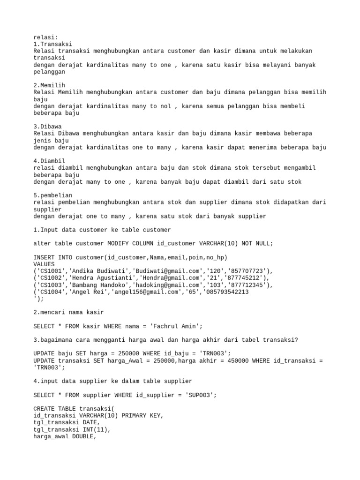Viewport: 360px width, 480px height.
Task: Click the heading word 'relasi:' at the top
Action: click(46, 37)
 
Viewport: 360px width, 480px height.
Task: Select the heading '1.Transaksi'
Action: click(53, 44)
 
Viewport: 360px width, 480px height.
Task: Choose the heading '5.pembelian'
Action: click(53, 195)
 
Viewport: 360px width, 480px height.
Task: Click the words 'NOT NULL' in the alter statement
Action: click(256, 244)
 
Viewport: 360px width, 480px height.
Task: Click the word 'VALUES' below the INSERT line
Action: click(44, 264)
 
